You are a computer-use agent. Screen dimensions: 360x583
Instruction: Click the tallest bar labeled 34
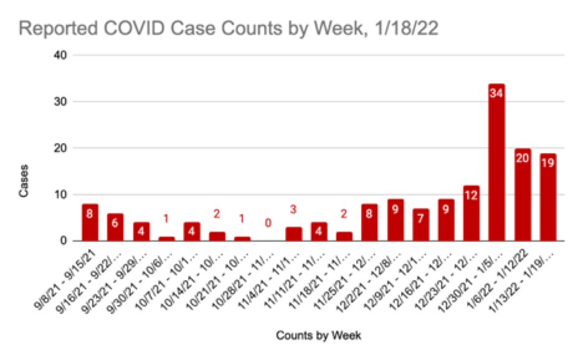(496, 162)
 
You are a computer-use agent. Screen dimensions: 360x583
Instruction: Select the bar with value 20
(523, 194)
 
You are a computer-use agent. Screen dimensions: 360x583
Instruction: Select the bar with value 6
(115, 227)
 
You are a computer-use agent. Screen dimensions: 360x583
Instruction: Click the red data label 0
(268, 222)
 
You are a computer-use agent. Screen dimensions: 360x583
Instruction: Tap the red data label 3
(293, 209)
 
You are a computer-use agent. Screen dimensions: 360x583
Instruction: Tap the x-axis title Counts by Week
(318, 336)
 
